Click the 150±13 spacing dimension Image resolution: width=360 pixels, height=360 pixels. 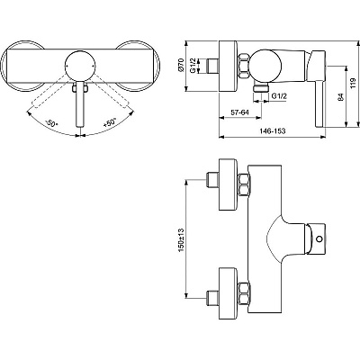pos(182,238)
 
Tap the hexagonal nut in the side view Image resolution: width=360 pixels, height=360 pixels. pos(242,65)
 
